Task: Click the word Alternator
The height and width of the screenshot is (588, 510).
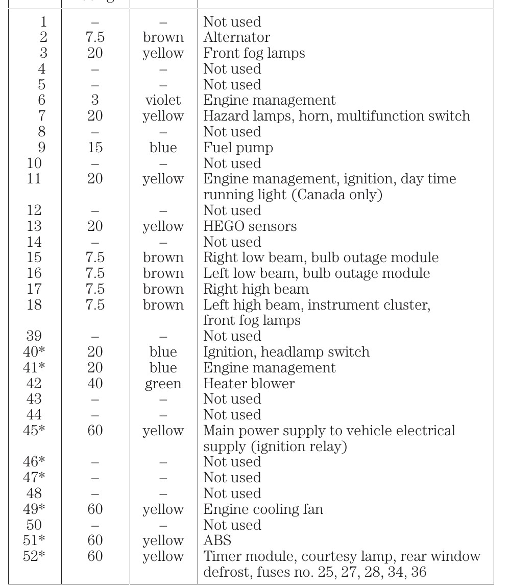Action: click(236, 37)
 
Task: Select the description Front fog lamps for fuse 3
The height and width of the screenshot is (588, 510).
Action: click(254, 53)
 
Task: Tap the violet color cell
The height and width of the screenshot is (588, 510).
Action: click(163, 100)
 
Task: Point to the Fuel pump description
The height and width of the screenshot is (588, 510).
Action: click(238, 148)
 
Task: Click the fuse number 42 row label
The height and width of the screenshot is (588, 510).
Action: click(34, 383)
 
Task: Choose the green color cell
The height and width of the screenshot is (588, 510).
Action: click(163, 383)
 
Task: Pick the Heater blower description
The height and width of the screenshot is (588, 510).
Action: click(249, 383)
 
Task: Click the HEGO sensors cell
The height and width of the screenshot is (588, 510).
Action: click(250, 226)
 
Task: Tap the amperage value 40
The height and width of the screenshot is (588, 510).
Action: click(95, 383)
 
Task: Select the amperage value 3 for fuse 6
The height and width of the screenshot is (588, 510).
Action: click(95, 100)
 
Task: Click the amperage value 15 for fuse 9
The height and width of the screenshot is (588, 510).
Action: click(95, 148)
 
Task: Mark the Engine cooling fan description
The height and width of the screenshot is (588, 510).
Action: click(263, 509)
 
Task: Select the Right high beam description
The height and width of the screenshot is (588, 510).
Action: click(256, 289)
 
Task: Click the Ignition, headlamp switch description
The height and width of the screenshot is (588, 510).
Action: click(286, 352)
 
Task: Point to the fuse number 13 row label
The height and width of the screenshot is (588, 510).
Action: click(34, 226)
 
